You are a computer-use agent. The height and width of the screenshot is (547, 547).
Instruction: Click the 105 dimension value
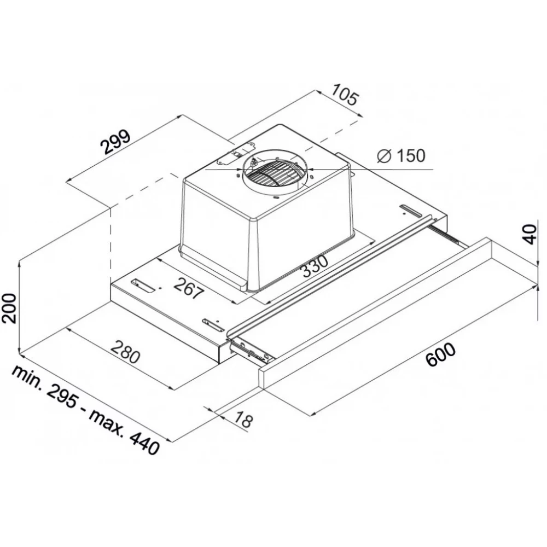click(x=344, y=94)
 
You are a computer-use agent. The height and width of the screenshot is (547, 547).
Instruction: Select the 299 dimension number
click(x=116, y=142)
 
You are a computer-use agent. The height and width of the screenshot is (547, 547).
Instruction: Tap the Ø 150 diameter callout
click(x=401, y=155)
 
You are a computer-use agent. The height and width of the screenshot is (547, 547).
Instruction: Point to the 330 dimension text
click(x=315, y=266)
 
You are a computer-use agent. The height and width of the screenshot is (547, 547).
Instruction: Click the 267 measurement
click(x=188, y=288)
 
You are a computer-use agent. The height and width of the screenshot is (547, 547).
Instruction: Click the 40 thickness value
click(x=530, y=235)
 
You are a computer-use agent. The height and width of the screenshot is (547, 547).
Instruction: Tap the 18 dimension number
click(x=242, y=419)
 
